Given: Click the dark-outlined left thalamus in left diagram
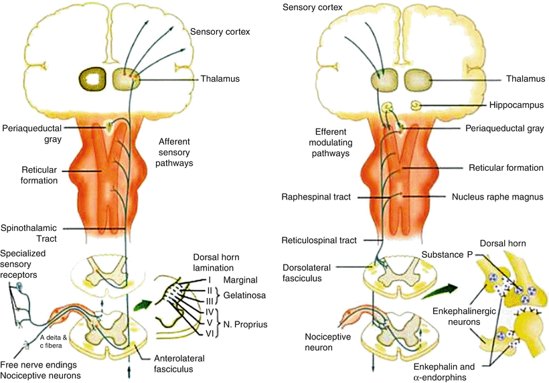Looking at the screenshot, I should pyautogui.click(x=93, y=80).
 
